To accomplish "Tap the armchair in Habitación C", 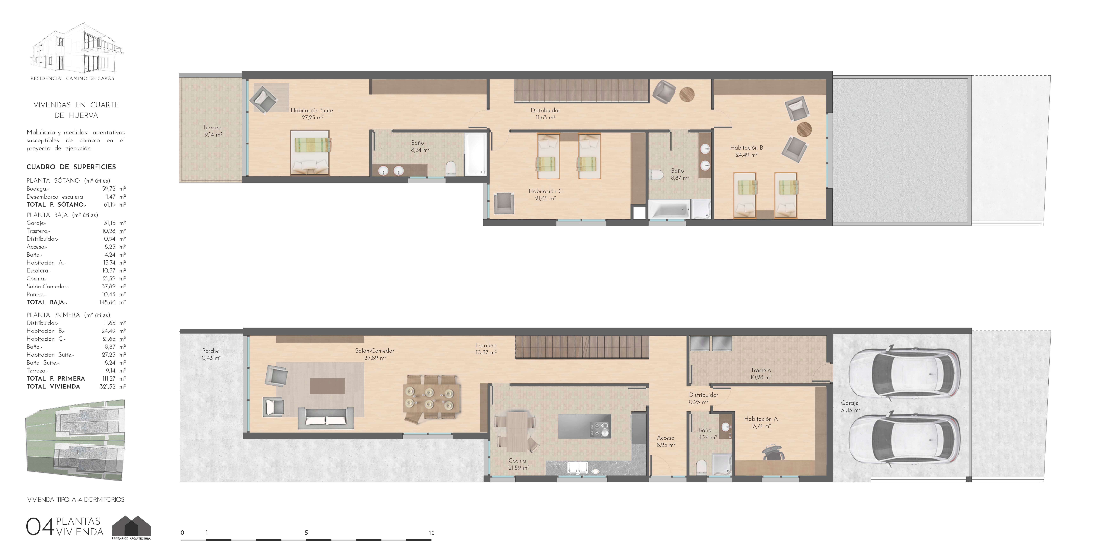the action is (504, 203).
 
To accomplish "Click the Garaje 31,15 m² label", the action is (851, 406).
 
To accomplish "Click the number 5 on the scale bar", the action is (306, 532).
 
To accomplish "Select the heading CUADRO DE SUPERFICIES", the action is (71, 167).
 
